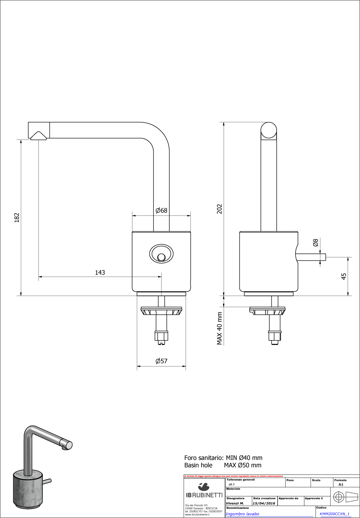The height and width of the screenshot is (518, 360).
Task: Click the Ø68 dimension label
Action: [x=161, y=210]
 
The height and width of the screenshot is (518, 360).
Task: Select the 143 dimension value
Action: [x=100, y=272]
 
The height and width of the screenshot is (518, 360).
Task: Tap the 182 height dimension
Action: [x=17, y=217]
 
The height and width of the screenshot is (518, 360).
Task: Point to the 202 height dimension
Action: [x=219, y=209]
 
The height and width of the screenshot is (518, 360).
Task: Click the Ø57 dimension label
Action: [x=161, y=361]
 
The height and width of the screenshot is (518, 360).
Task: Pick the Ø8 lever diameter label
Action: [x=315, y=243]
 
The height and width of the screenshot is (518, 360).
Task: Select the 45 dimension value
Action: [x=344, y=276]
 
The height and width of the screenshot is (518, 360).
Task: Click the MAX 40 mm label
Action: [x=219, y=328]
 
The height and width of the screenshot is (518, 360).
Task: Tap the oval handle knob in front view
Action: [x=161, y=253]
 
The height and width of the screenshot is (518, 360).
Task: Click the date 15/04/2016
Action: [x=264, y=503]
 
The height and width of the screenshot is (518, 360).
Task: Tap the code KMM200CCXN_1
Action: [x=335, y=514]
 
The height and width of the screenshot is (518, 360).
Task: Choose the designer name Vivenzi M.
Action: [x=235, y=503]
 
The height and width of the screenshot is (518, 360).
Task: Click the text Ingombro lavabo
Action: [x=242, y=514]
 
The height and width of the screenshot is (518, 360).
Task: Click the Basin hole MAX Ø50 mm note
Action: [x=223, y=465]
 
